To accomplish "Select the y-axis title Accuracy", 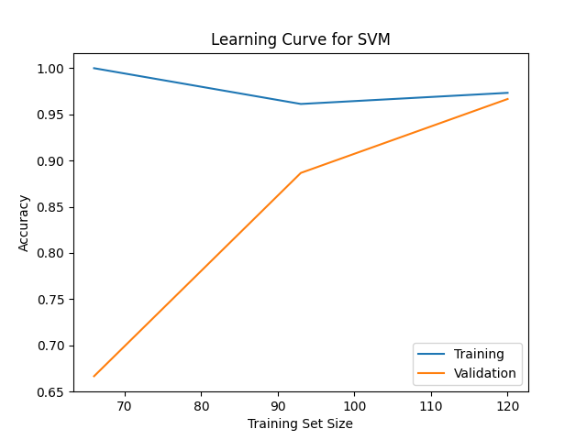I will point(24,223).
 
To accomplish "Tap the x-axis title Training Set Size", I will point(300,423).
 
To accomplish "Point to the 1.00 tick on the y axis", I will point(50,69).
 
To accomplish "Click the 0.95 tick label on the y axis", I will point(50,115).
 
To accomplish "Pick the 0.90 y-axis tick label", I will point(50,161).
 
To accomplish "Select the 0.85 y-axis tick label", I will point(50,207).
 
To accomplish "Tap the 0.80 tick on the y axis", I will point(50,253).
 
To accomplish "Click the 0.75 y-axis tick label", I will point(50,300).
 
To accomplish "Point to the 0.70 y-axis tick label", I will point(50,346).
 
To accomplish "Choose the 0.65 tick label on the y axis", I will point(50,392).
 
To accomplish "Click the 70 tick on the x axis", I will point(125,405).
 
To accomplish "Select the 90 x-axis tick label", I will point(278,405).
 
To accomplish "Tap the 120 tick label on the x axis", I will point(507,405).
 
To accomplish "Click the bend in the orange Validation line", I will point(300,173).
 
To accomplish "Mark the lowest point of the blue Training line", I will point(300,104).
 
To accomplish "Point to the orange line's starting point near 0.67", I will point(94,376).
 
